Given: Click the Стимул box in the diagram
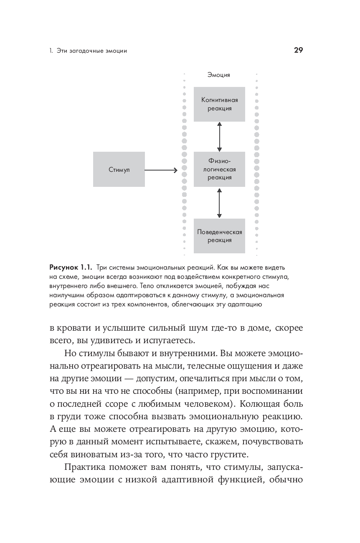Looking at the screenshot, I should pos(119,169).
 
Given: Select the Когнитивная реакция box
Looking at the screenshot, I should pos(219,104).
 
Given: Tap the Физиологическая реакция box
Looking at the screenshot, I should pos(219,169).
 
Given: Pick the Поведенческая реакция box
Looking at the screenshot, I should pos(219,236).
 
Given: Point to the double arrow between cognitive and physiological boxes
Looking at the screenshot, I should pos(219,137).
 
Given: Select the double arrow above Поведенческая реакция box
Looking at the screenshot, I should pos(219,203).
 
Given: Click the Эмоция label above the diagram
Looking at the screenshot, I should pos(219,75).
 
